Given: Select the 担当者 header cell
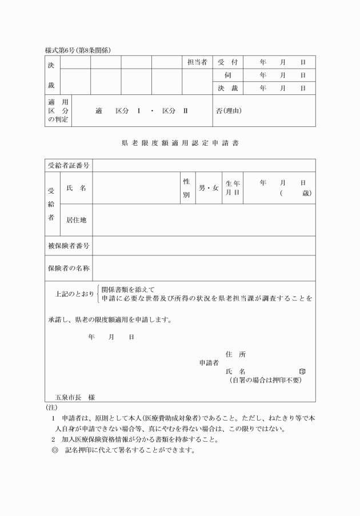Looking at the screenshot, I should [x=197, y=62].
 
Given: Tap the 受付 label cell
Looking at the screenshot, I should [x=227, y=62].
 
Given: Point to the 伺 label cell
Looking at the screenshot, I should [x=227, y=75].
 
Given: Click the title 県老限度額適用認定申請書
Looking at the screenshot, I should [x=180, y=143].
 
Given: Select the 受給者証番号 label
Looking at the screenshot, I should [x=69, y=166].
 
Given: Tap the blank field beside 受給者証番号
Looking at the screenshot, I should [x=203, y=166].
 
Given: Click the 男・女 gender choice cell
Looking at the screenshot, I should [x=208, y=188].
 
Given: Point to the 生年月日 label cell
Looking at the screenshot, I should [x=233, y=188].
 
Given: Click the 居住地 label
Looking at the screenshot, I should [x=76, y=220].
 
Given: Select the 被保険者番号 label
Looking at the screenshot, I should [x=69, y=246].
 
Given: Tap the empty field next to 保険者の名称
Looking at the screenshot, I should [x=203, y=268].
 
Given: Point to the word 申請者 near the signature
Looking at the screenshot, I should [x=209, y=362].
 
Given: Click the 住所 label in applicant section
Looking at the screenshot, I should [x=236, y=354].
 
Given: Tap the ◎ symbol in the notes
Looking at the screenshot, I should [x=55, y=450].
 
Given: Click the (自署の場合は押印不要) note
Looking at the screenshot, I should [x=265, y=380].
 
